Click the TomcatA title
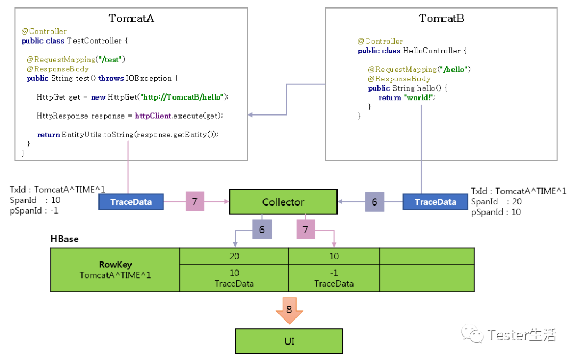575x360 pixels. [x=132, y=19]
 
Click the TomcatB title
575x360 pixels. [x=441, y=19]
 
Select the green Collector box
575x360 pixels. [x=283, y=202]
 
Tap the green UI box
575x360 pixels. [x=289, y=341]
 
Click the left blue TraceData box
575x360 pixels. [x=131, y=202]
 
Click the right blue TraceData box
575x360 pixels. [x=435, y=202]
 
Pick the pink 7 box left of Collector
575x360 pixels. [x=195, y=202]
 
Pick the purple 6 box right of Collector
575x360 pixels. [x=374, y=202]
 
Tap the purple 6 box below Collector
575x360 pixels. [x=261, y=230]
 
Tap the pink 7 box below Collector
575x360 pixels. [x=305, y=230]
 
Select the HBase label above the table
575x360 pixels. [x=64, y=239]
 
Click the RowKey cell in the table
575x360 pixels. [x=115, y=269]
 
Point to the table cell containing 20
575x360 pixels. [x=234, y=256]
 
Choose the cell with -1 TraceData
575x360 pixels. [x=334, y=278]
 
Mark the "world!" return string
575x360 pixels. [x=420, y=98]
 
